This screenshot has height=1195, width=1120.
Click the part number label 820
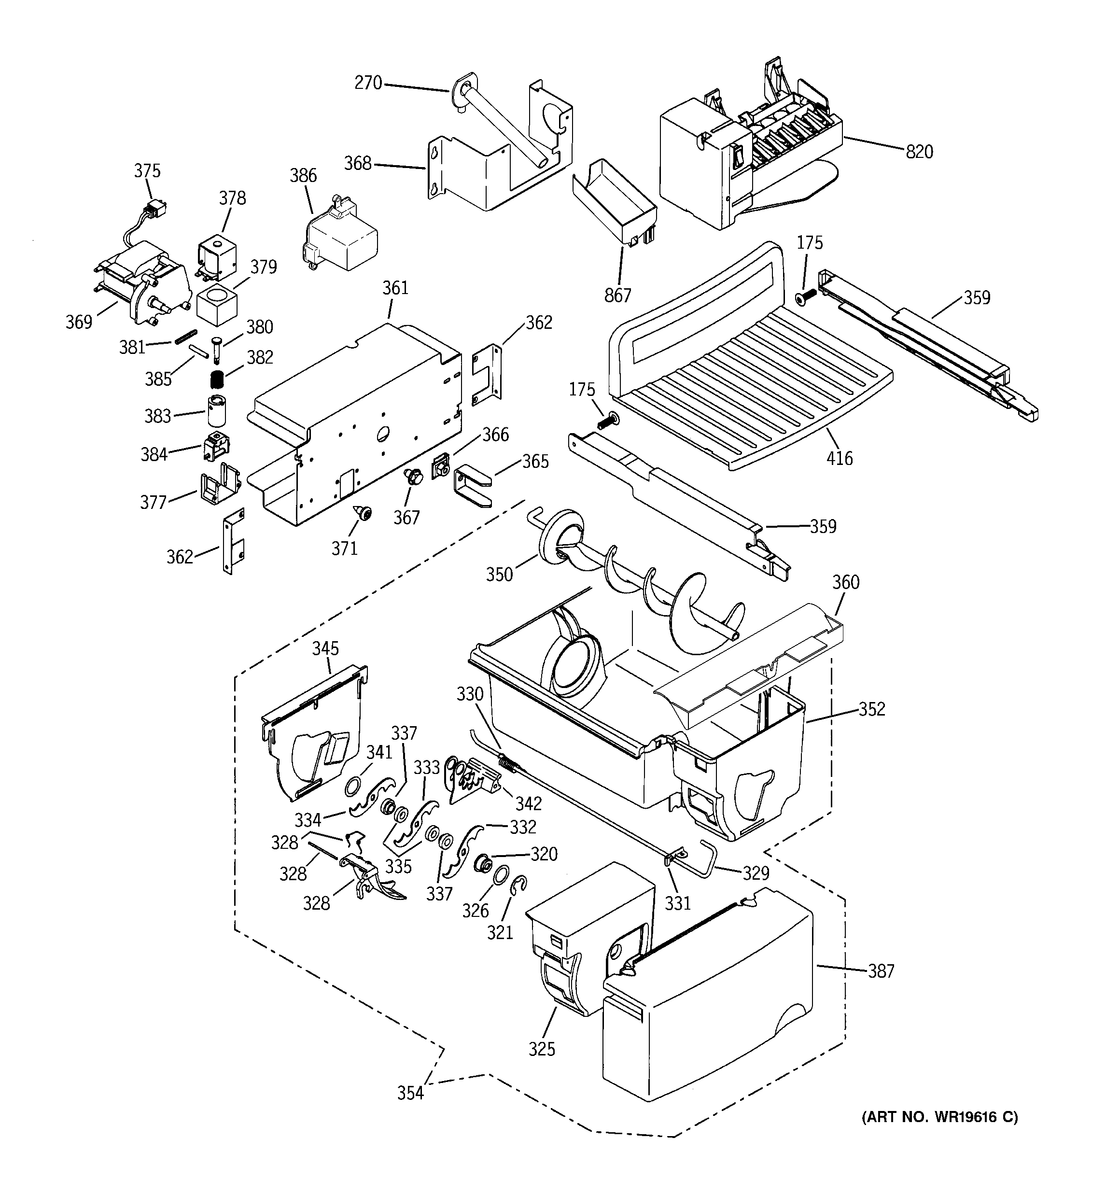919,152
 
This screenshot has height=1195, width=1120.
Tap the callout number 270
368,83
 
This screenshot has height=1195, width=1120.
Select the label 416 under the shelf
839,458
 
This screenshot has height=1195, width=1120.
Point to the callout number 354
411,1093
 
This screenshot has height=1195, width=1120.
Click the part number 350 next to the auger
499,574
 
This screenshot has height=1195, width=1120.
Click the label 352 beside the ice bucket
872,709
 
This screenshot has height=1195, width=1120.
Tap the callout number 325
542,1049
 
